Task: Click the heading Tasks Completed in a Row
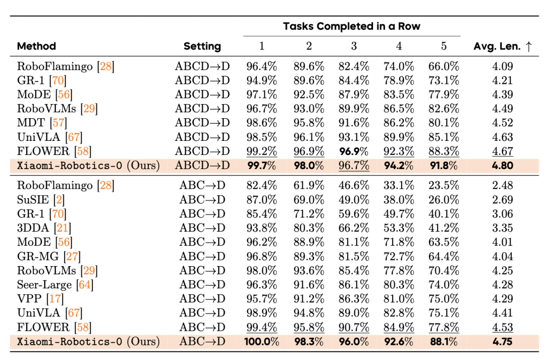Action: pyautogui.click(x=351, y=26)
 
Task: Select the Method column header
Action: pyautogui.click(x=36, y=46)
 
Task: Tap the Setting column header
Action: pyautogui.click(x=202, y=46)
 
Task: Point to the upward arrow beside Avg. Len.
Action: pyautogui.click(x=529, y=46)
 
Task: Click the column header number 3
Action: pyautogui.click(x=354, y=46)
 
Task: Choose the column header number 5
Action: pyautogui.click(x=444, y=46)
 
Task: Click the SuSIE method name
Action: pyautogui.click(x=33, y=199)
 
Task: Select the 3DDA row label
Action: pyautogui.click(x=33, y=228)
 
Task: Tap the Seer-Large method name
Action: pyautogui.click(x=44, y=285)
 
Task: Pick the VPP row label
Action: pyautogui.click(x=29, y=299)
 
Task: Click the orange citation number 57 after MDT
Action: pyautogui.click(x=59, y=123)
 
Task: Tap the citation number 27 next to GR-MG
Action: pyautogui.click(x=72, y=256)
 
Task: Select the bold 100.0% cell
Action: pyautogui.click(x=262, y=341)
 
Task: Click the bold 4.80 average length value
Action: pyautogui.click(x=503, y=166)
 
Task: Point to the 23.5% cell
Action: pyautogui.click(x=444, y=185)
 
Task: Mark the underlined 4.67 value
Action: pyautogui.click(x=503, y=151)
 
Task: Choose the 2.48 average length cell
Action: pyautogui.click(x=503, y=185)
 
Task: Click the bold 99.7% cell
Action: pyautogui.click(x=262, y=166)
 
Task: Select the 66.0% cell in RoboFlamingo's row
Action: pyautogui.click(x=444, y=67)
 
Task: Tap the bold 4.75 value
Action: pyautogui.click(x=503, y=341)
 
